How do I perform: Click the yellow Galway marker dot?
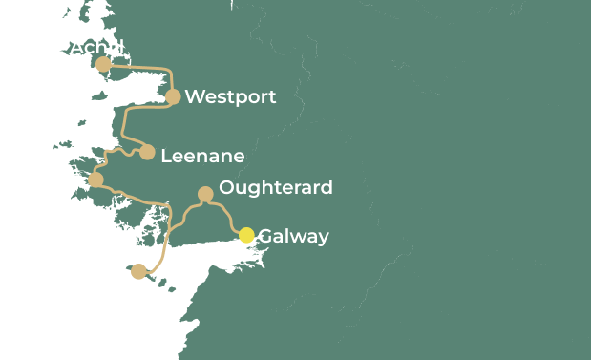[246, 235]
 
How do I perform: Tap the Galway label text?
[293, 236]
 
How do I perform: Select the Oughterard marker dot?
[205, 194]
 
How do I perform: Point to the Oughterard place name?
[276, 187]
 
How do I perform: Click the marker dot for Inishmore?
[139, 271]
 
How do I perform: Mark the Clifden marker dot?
[95, 180]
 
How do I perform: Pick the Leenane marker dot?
[147, 152]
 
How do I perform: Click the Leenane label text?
[202, 156]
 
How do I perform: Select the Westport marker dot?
[173, 96]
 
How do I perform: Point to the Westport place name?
[230, 96]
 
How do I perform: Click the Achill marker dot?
[103, 64]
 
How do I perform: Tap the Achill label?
[96, 47]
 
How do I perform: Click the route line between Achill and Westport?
[143, 66]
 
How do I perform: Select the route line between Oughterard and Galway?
[226, 216]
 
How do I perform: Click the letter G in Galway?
[265, 236]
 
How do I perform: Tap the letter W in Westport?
[194, 96]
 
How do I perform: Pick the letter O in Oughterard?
[226, 187]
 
